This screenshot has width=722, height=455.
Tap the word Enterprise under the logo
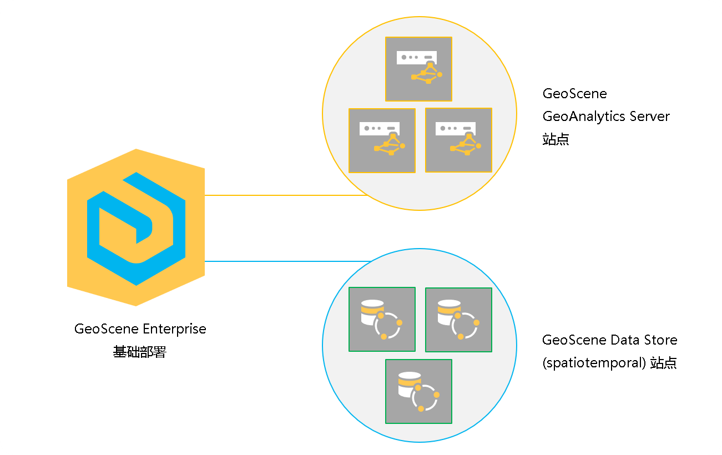coord(174,328)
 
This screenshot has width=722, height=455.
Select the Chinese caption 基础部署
coord(140,352)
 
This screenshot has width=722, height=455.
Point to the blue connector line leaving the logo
coord(286,261)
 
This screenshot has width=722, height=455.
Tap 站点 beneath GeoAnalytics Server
coord(556,139)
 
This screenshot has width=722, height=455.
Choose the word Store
coord(661,340)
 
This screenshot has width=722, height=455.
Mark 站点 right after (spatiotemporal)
coord(664,363)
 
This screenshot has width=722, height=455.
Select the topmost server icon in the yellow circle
coord(418,69)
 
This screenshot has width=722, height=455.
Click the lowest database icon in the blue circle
coord(418,391)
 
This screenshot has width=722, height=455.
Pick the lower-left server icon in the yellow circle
coord(382,140)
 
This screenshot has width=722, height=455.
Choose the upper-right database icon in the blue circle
coord(458,320)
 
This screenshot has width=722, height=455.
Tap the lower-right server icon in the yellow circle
coord(458,140)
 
